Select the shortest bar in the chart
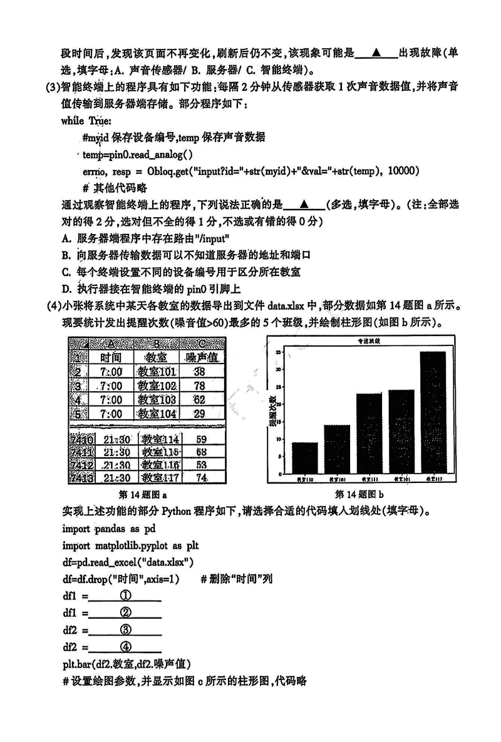pos(305,457)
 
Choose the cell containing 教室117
pos(160,478)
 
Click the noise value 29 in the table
pos(200,414)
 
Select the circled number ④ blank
pos(125,647)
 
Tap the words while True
pos(86,120)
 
